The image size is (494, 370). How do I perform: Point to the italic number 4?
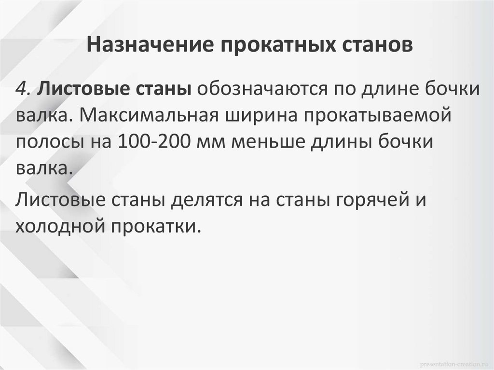(x=23, y=90)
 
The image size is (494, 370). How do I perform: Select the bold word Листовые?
(x=79, y=90)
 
